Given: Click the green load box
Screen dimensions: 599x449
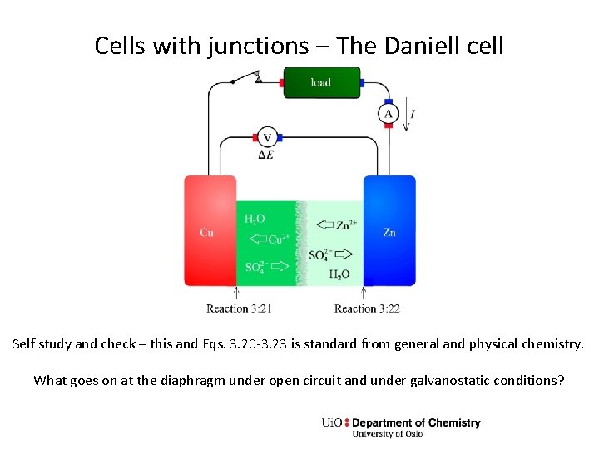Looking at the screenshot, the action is coord(321,82).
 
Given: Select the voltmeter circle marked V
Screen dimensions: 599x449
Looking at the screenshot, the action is coord(267,137).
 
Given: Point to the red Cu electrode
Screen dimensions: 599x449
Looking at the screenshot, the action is coord(210,230).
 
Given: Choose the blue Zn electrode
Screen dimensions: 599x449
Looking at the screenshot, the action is coord(389,230).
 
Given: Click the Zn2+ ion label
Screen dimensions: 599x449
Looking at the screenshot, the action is coord(348,225).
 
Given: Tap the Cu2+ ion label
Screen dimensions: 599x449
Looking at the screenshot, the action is coord(280,240).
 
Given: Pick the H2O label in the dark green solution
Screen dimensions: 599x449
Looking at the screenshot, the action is coord(255,219).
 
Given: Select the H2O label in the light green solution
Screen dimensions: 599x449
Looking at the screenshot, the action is coord(339,274).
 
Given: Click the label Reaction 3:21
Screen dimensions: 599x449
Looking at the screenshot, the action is coord(239,308).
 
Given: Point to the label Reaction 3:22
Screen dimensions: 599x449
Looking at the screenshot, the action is coord(367,308).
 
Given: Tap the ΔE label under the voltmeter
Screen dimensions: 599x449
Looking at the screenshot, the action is coord(266,155).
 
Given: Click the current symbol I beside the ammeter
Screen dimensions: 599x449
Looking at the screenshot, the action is coord(413,114).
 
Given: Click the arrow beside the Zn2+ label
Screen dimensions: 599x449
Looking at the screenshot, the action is coord(325,225).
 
